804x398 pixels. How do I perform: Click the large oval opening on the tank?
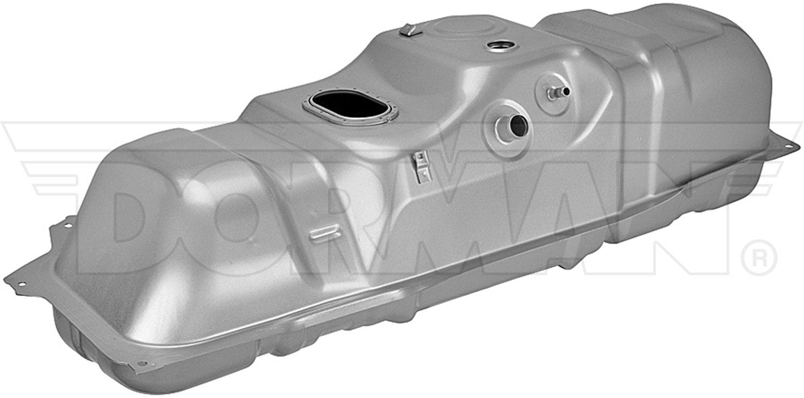(x=346, y=108)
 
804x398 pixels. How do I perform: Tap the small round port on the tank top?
(x=500, y=47)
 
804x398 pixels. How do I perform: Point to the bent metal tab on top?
(x=406, y=30)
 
